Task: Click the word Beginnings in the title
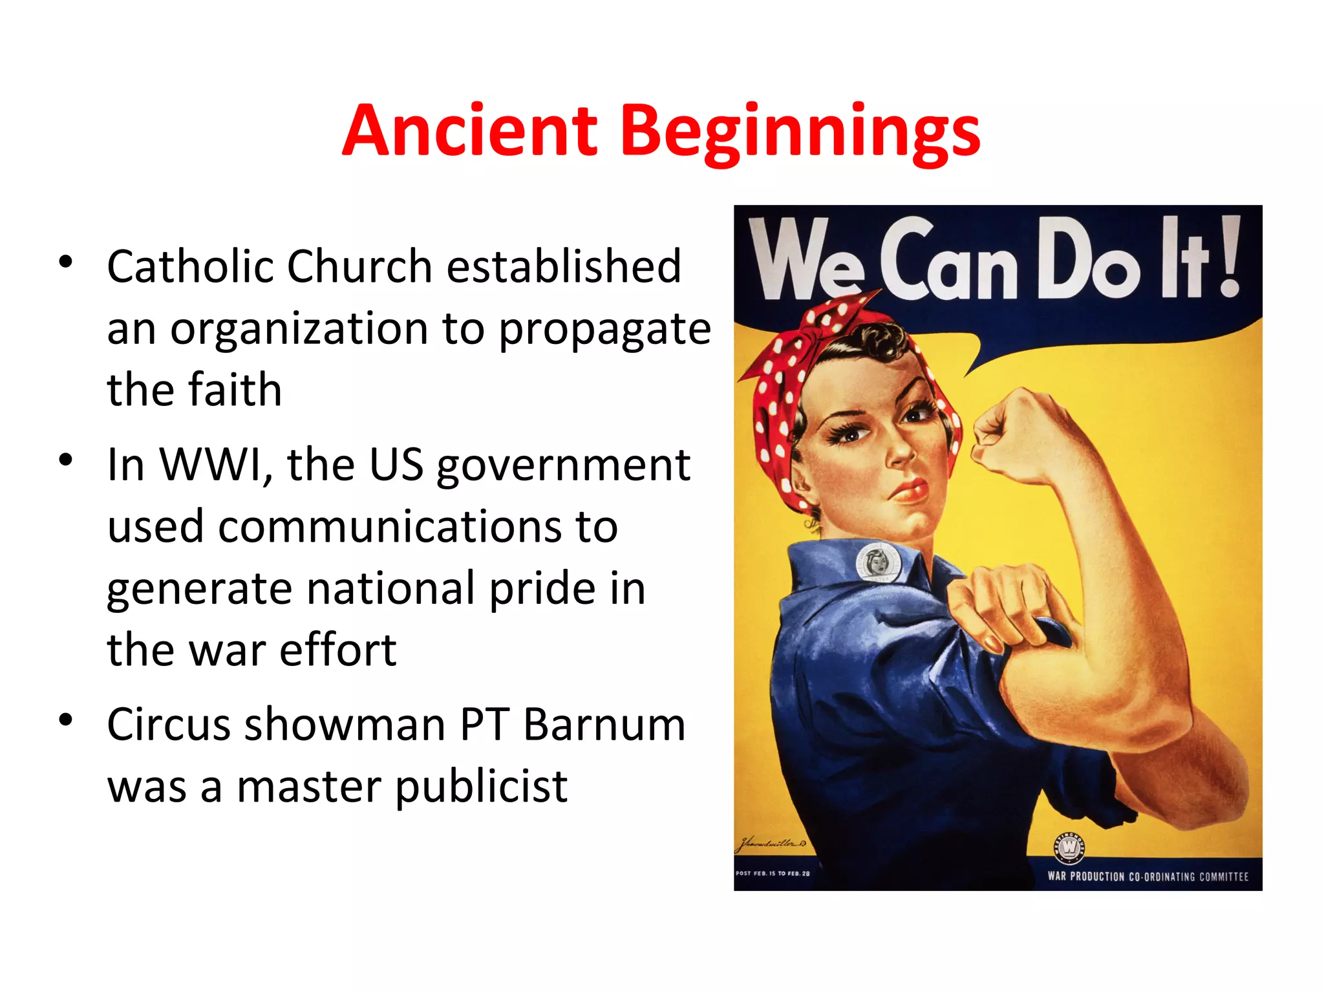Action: click(x=800, y=133)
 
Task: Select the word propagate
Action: click(x=604, y=330)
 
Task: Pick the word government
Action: click(x=563, y=465)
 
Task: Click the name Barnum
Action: click(x=604, y=724)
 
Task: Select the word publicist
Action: click(x=481, y=787)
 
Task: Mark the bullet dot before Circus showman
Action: click(x=65, y=719)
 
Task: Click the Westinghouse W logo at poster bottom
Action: click(x=1070, y=846)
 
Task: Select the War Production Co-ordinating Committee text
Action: click(x=1148, y=877)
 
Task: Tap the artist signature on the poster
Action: click(x=771, y=843)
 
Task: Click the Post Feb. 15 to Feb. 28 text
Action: click(x=773, y=873)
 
